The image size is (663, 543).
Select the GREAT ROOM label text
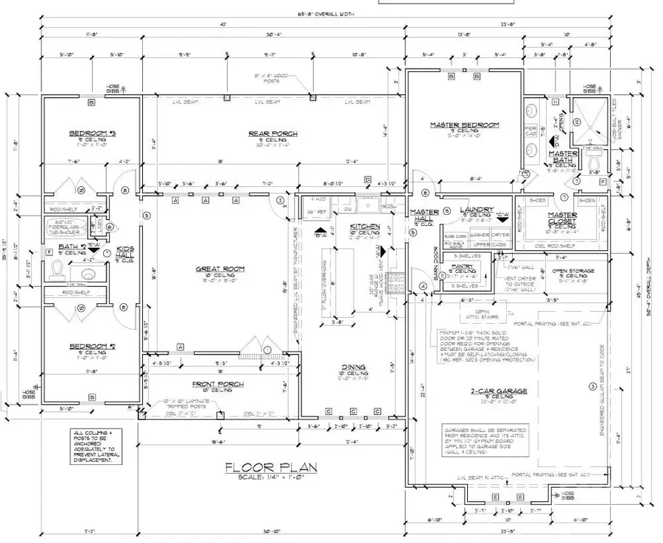pos(214,269)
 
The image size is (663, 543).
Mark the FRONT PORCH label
pos(218,384)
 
